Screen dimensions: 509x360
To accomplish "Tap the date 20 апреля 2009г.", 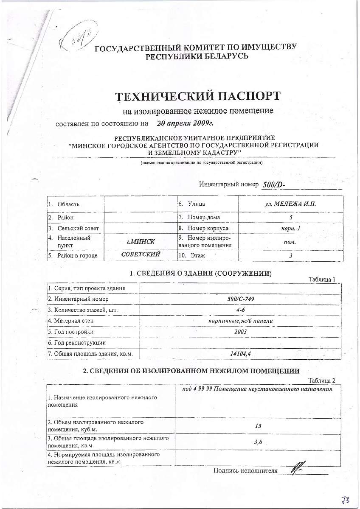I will click(x=185, y=123).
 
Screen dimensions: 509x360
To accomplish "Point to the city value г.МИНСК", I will click(x=141, y=242).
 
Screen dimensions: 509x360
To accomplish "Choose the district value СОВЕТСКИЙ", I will click(x=141, y=255).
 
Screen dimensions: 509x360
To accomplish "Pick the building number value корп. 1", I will click(x=290, y=228).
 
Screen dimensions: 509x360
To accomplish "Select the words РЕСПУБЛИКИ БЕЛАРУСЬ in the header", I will click(x=197, y=56).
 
